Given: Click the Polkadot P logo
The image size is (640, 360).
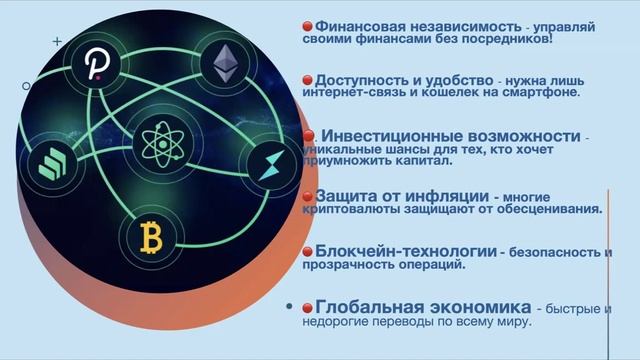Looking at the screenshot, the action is coord(97,63).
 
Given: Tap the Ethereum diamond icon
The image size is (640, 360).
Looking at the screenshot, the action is coord(225,63).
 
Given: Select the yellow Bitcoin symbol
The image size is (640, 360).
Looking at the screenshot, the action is coord(151,238).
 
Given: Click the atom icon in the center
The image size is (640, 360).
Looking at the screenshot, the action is coord(163,144).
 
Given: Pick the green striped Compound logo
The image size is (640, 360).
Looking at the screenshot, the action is coord(52,164).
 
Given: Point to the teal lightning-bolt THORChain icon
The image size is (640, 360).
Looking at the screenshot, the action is coord(272,165).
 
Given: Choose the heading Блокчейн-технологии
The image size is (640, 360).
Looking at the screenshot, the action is coord(406,251).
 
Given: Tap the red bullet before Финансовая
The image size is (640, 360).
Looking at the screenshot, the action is coord(307,27).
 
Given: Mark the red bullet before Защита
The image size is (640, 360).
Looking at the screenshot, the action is coord(307,197).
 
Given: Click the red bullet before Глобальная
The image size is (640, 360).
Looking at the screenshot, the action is coord(307,308).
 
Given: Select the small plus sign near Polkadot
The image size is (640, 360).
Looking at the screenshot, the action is coord(57,41).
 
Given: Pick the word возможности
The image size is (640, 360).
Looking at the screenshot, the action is coord(524,136).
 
